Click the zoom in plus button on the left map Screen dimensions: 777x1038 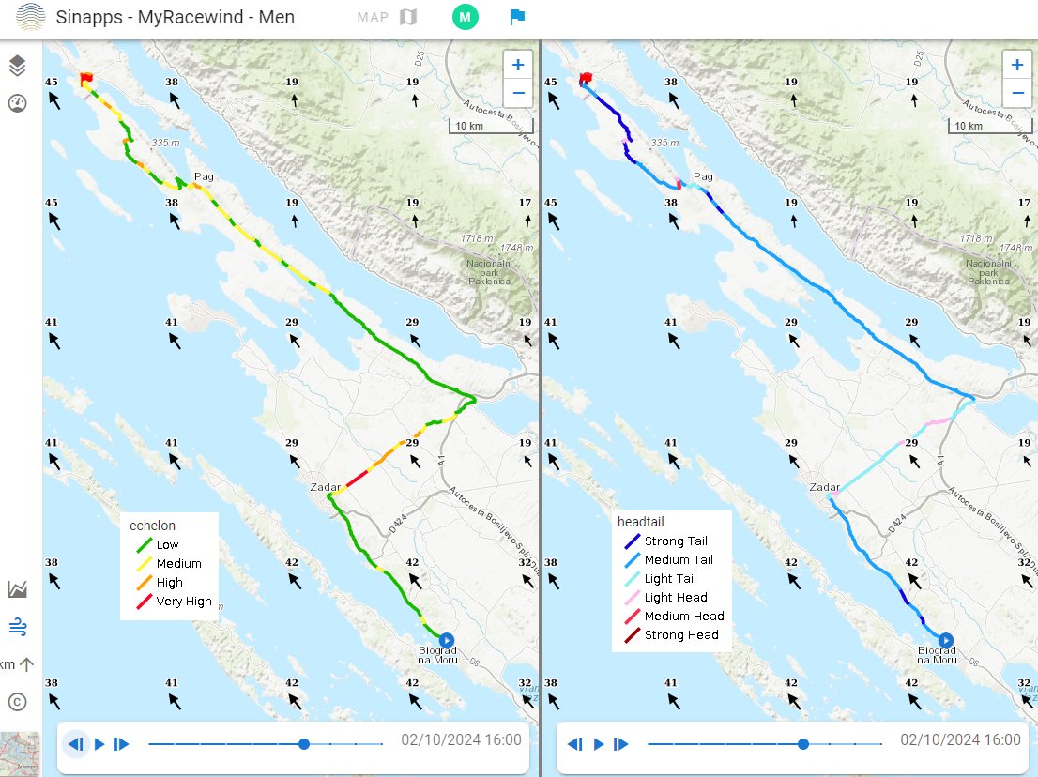(517, 65)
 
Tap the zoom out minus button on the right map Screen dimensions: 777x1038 (1016, 92)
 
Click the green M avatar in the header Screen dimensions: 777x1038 (465, 17)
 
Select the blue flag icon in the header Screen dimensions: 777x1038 (517, 17)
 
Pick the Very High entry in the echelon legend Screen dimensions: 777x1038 (183, 602)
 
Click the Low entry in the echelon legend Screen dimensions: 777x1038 (167, 545)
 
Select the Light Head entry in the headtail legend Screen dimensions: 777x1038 (676, 598)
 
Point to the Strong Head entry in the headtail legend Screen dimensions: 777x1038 (680, 635)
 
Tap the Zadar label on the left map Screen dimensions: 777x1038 (324, 487)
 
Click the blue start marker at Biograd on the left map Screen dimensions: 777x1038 (446, 639)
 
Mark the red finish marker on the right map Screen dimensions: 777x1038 (587, 78)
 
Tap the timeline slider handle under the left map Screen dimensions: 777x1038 (303, 744)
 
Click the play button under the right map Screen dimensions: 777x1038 (599, 744)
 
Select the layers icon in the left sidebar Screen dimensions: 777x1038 (17, 66)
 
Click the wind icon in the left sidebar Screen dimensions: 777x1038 (17, 626)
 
